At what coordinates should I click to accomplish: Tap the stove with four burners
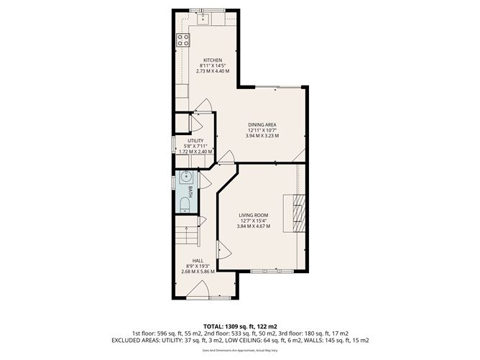[x=184, y=40]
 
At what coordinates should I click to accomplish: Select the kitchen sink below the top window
[x=204, y=18]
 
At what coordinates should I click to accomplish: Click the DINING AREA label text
[x=262, y=124]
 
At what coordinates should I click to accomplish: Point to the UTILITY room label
[x=195, y=141]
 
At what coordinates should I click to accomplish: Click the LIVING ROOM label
[x=253, y=215]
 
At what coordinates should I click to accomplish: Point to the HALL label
[x=197, y=261]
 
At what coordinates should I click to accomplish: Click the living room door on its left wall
[x=223, y=251]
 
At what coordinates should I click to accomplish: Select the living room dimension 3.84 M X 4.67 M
[x=253, y=226]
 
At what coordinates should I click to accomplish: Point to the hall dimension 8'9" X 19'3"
[x=197, y=267]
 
